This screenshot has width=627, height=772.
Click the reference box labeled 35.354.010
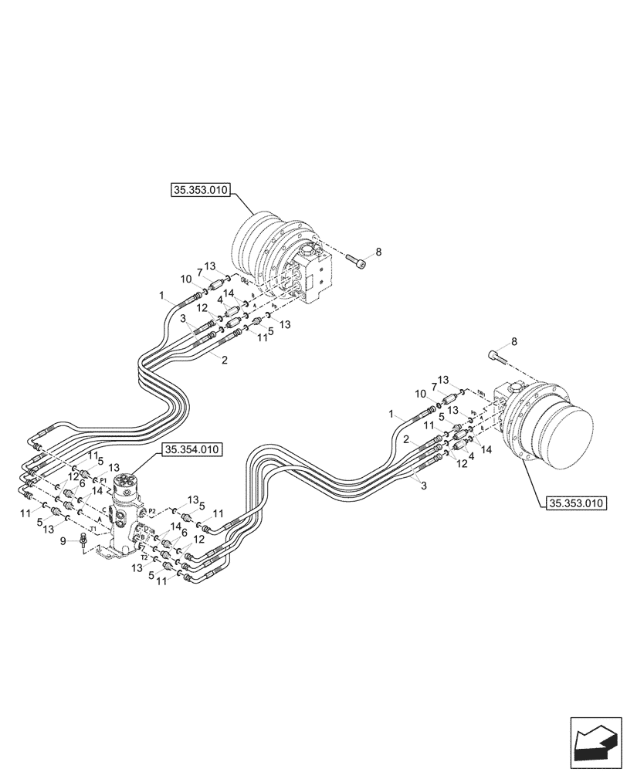[x=191, y=450]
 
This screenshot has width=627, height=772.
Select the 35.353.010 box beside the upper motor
[x=200, y=191]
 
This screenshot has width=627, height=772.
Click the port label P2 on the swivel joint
[x=152, y=510]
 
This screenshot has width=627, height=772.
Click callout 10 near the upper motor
[x=185, y=279]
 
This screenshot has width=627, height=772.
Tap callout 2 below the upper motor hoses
[x=224, y=361]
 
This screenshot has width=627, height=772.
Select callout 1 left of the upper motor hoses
[x=162, y=296]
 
